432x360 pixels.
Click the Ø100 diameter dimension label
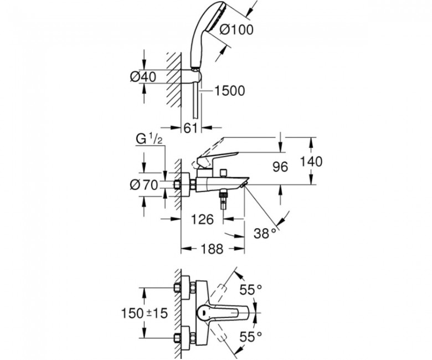click(236, 30)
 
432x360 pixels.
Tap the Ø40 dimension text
click(143, 77)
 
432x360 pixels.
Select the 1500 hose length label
click(229, 91)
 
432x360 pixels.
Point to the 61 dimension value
click(191, 128)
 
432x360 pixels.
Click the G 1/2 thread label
click(148, 140)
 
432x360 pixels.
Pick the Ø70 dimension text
click(144, 184)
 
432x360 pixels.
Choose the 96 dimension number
click(280, 167)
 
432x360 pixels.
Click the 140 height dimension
click(311, 161)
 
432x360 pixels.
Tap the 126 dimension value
click(203, 219)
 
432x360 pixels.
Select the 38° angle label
click(265, 233)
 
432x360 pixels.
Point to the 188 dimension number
click(212, 249)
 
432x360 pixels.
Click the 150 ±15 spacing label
click(145, 313)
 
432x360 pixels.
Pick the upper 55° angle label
click(250, 290)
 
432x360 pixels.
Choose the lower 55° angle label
click(250, 337)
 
